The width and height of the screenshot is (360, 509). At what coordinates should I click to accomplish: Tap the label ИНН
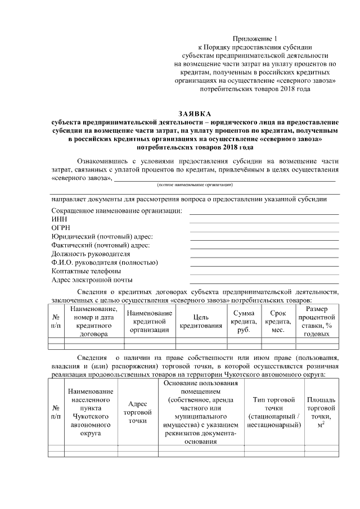pos(58,219)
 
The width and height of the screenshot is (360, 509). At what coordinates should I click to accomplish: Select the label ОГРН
pos(61,228)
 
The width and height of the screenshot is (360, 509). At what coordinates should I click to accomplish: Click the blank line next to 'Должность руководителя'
pos(264,256)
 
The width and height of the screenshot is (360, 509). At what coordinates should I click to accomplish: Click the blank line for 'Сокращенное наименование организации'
pos(264,213)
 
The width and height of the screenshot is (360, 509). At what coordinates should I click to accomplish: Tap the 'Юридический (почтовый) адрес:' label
pos(102,237)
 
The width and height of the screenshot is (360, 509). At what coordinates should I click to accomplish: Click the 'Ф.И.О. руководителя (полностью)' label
pos(103,263)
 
